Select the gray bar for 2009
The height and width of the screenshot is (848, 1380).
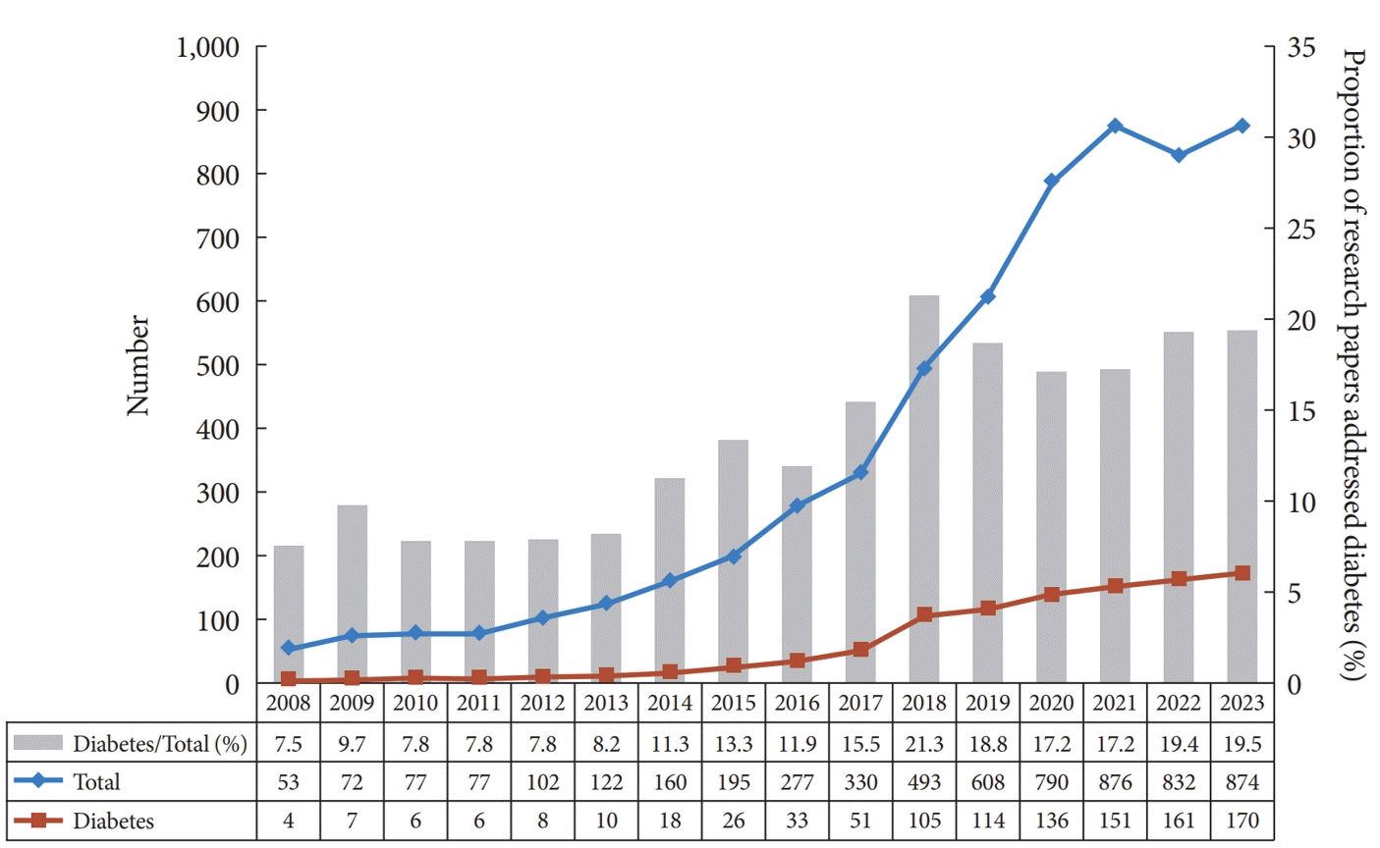click(x=352, y=594)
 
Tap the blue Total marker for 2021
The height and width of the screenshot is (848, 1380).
click(x=1115, y=127)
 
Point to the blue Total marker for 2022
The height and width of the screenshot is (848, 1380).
click(x=1179, y=155)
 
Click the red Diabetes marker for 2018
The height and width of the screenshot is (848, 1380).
click(x=924, y=615)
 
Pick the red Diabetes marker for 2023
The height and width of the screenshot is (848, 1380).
click(x=1242, y=573)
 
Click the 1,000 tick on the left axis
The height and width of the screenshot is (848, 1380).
click(x=207, y=47)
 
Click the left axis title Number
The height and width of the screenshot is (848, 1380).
click(x=138, y=365)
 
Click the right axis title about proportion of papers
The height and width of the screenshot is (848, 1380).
click(x=1354, y=365)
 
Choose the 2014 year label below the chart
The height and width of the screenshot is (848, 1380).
click(x=670, y=703)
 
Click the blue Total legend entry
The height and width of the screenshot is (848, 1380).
click(x=96, y=782)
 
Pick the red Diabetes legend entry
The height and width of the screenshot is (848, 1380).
click(x=113, y=821)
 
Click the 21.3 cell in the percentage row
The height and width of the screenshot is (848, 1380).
click(x=924, y=743)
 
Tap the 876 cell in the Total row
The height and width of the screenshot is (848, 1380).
click(x=1115, y=782)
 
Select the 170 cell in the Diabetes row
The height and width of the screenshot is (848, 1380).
click(x=1242, y=821)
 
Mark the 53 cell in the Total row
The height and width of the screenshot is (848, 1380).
click(x=288, y=782)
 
